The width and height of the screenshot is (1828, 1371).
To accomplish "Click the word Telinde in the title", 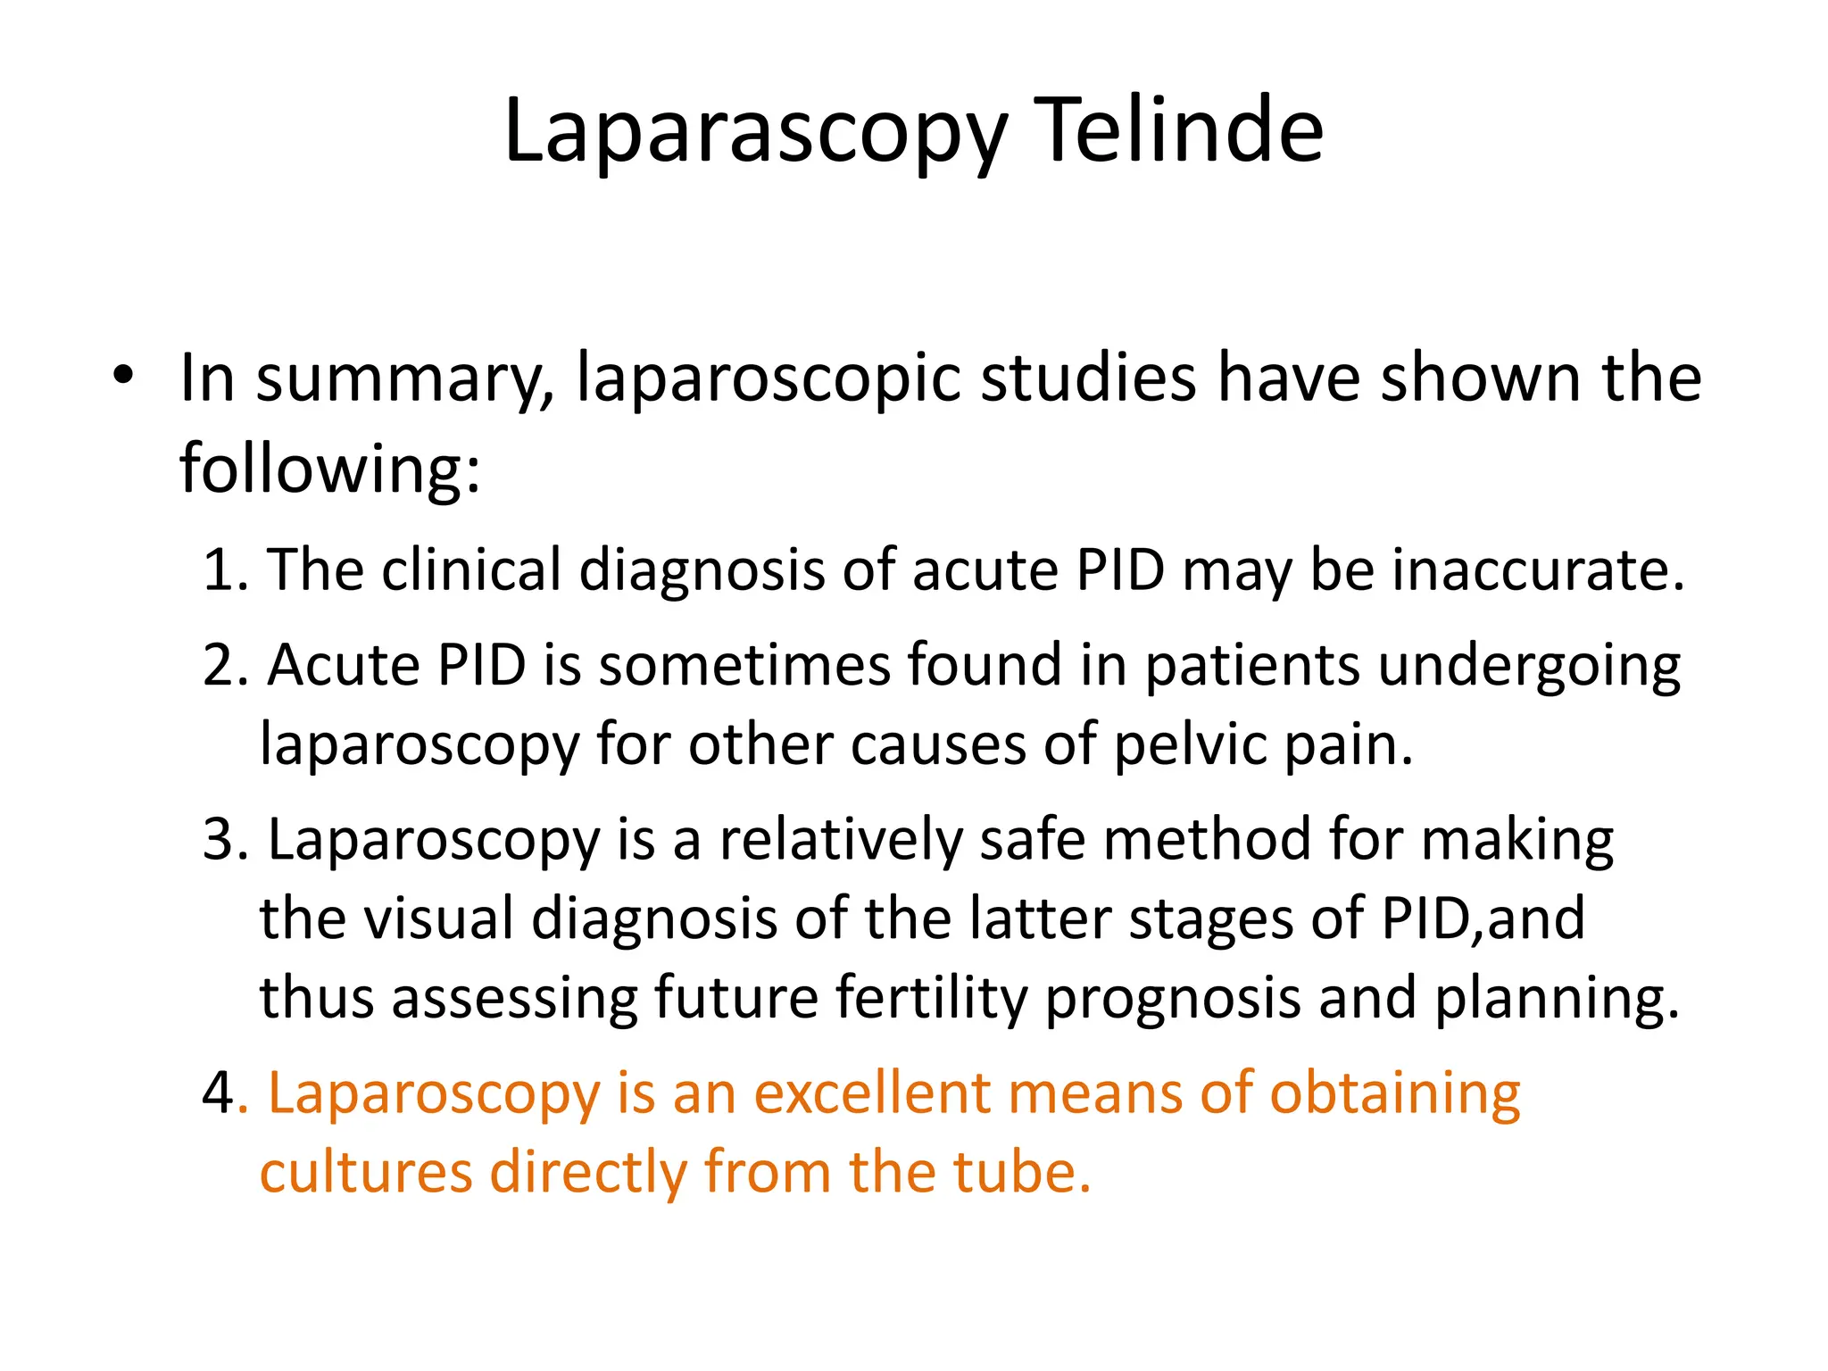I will (x=1177, y=131).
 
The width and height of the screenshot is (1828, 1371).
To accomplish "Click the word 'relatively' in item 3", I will (x=841, y=841).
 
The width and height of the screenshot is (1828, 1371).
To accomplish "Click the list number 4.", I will (x=220, y=1093).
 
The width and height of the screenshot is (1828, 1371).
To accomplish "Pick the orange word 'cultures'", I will (x=365, y=1172).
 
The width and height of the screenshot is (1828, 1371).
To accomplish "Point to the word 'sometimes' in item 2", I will (x=744, y=666).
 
